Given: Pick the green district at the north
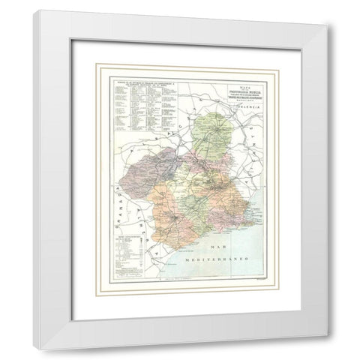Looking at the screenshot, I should [216, 133].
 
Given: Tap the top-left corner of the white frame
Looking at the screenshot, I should [34, 10].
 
